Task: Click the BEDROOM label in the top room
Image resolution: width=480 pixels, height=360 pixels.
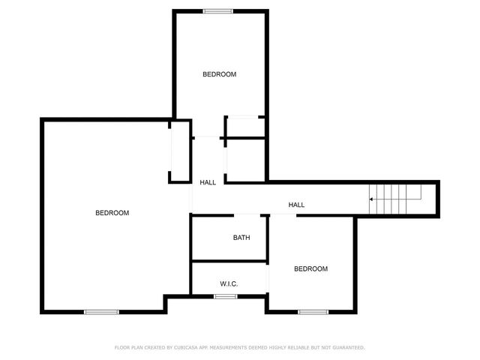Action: click(220, 74)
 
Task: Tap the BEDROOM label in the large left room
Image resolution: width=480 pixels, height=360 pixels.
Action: click(112, 213)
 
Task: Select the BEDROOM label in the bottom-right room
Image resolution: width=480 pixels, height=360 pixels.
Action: click(310, 269)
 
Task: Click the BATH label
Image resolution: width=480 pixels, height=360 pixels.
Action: click(241, 238)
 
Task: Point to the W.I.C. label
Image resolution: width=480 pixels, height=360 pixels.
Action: click(229, 283)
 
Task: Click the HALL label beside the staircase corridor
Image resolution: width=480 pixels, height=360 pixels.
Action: click(297, 205)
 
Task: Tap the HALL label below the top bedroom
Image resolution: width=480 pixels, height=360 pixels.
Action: click(208, 182)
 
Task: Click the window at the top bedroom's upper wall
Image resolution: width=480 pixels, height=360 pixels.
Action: click(217, 10)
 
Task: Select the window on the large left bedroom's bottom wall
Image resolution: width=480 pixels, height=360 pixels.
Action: click(101, 312)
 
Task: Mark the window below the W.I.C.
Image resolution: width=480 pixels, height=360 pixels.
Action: click(226, 296)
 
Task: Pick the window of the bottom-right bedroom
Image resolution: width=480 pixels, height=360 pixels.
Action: click(312, 312)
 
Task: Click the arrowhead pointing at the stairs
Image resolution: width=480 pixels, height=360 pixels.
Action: click(371, 199)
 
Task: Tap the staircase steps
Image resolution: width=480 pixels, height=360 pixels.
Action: click(394, 199)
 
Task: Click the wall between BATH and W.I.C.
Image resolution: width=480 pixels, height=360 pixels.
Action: click(229, 261)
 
